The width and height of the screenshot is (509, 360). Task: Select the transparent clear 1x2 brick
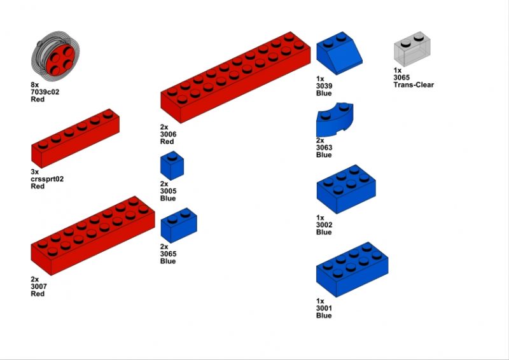pyautogui.click(x=412, y=49)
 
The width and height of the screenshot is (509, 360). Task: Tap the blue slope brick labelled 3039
pyautogui.click(x=339, y=53)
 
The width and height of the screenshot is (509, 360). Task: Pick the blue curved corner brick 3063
pyautogui.click(x=335, y=120)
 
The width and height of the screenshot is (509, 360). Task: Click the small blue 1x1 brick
pyautogui.click(x=172, y=165)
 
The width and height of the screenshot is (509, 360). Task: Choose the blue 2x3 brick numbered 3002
pyautogui.click(x=346, y=190)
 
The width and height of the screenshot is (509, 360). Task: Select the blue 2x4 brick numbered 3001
pyautogui.click(x=352, y=270)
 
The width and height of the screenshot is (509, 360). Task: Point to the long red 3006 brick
pyautogui.click(x=235, y=77)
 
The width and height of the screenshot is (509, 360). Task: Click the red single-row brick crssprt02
pyautogui.click(x=75, y=138)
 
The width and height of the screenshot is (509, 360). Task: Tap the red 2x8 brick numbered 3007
pyautogui.click(x=93, y=236)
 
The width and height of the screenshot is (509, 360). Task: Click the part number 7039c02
pyautogui.click(x=45, y=92)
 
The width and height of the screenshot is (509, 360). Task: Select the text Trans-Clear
pyautogui.click(x=414, y=85)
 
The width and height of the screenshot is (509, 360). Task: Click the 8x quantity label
pyautogui.click(x=35, y=85)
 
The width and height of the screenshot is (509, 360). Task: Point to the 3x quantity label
pyautogui.click(x=35, y=172)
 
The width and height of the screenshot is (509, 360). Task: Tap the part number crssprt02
pyautogui.click(x=47, y=179)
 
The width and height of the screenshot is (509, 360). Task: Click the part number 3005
pyautogui.click(x=168, y=191)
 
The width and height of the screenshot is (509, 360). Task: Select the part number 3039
pyautogui.click(x=324, y=86)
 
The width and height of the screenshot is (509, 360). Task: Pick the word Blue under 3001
pyautogui.click(x=324, y=315)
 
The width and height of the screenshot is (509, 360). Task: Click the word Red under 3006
pyautogui.click(x=167, y=142)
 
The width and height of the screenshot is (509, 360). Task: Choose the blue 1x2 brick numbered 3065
pyautogui.click(x=179, y=225)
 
